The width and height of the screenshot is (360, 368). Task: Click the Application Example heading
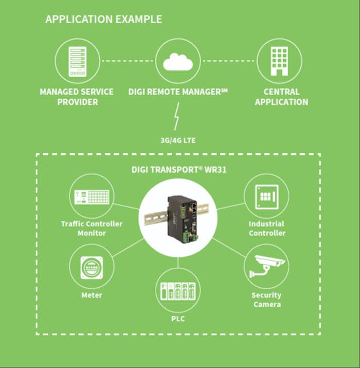click(103, 20)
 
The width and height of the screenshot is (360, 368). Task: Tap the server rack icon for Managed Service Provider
click(77, 61)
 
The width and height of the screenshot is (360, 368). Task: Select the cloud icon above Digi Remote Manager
click(177, 61)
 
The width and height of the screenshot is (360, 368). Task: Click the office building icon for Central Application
click(279, 61)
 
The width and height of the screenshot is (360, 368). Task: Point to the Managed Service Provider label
click(77, 97)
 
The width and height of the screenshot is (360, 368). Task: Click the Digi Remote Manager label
click(178, 92)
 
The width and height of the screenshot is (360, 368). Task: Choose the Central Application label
click(281, 97)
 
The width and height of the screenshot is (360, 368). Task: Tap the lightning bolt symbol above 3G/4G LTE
click(177, 117)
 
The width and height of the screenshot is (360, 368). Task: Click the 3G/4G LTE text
click(177, 140)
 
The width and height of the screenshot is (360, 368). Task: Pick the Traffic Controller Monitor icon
click(91, 196)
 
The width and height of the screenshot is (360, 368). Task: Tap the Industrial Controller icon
click(266, 196)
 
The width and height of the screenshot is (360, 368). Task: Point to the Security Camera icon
click(266, 266)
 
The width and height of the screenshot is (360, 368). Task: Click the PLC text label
click(178, 319)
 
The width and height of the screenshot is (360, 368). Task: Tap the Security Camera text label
click(266, 300)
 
